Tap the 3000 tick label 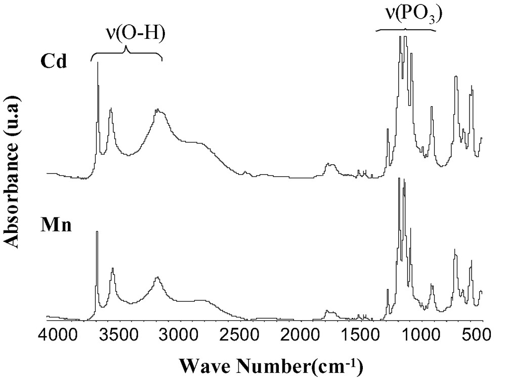tap(179, 336)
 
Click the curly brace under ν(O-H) tap(126, 53)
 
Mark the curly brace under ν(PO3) tap(406, 29)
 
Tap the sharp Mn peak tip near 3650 tap(97, 232)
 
